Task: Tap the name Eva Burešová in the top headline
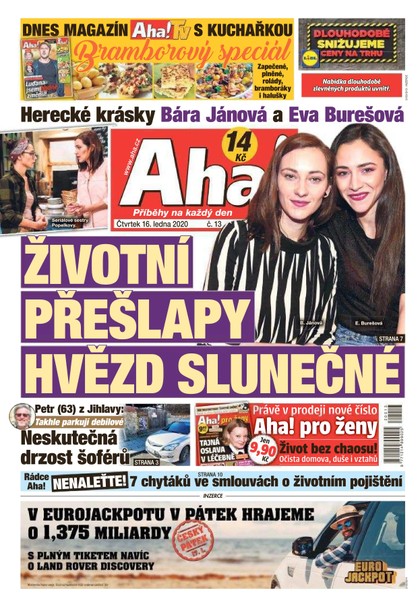[x=344, y=116]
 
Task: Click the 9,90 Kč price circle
[x=265, y=450]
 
